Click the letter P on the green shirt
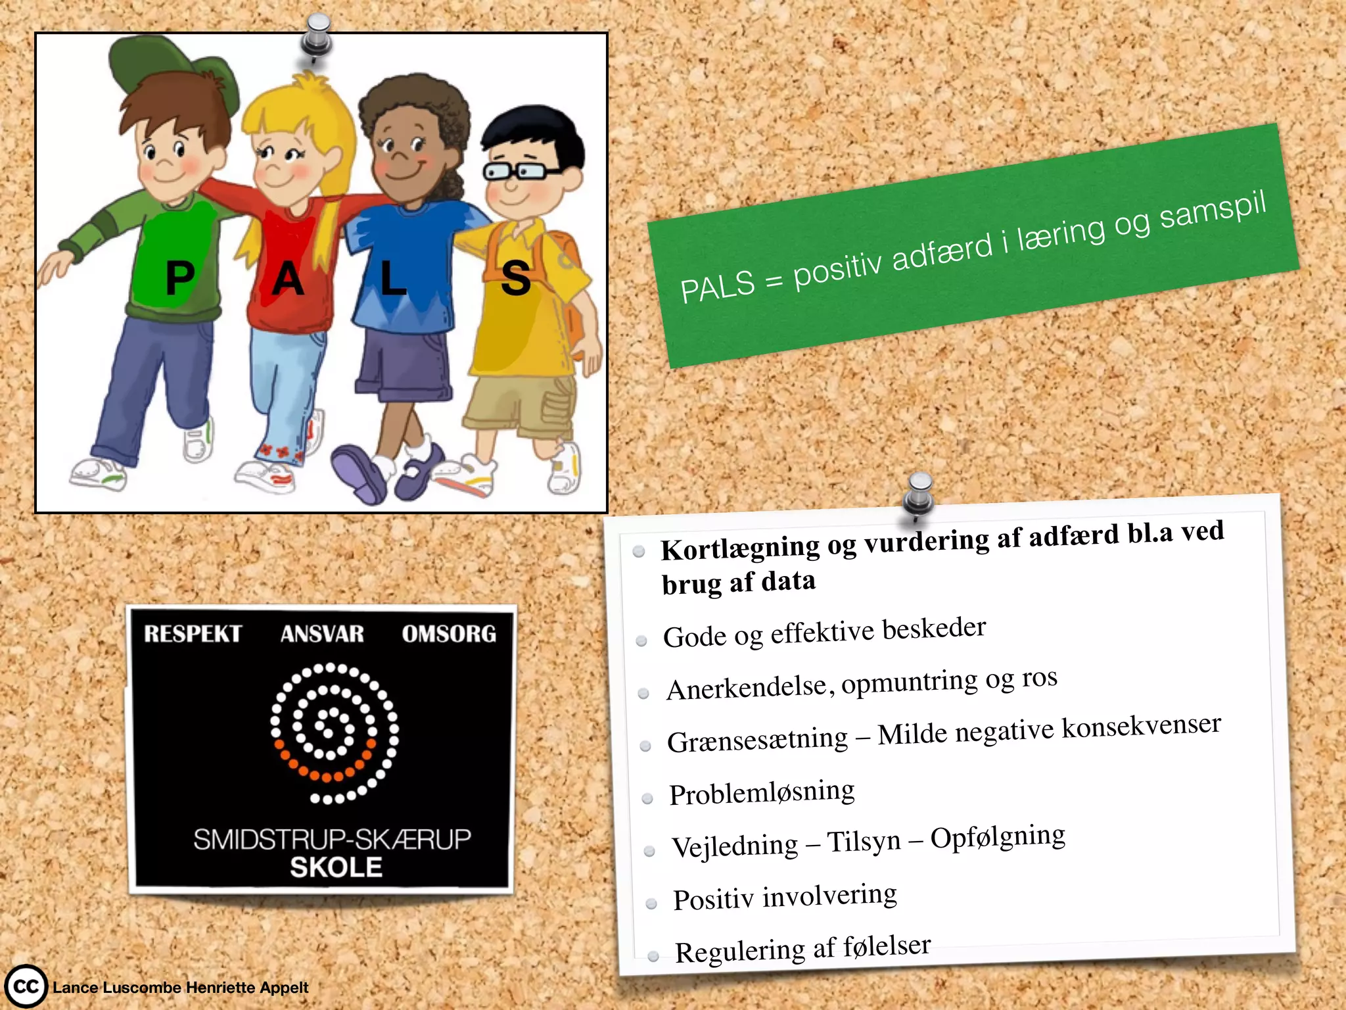[x=179, y=277]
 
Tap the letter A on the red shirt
[x=288, y=279]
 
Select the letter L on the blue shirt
[x=392, y=278]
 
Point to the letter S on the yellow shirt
[x=515, y=278]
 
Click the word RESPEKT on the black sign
[x=193, y=634]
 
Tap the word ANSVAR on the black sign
[x=322, y=634]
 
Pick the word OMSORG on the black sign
[x=449, y=634]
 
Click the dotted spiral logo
[x=334, y=733]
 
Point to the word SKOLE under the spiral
[x=336, y=867]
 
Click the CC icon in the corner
[x=26, y=986]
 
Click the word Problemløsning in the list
[x=762, y=793]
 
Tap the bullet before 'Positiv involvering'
[x=651, y=903]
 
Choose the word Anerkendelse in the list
[x=746, y=688]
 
